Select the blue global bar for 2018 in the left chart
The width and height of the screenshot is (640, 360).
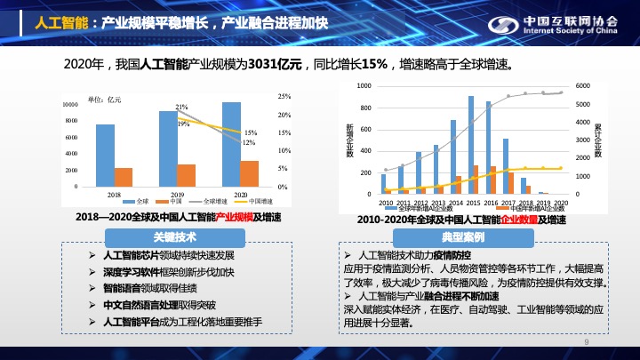click(105, 156)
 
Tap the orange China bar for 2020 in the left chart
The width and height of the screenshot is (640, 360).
click(250, 173)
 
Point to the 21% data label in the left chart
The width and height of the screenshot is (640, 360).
click(181, 107)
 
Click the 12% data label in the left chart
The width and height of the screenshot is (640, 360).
click(249, 142)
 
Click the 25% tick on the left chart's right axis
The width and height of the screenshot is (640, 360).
click(284, 96)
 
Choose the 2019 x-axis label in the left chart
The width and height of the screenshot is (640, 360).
click(177, 194)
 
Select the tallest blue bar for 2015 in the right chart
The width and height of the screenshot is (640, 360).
click(471, 144)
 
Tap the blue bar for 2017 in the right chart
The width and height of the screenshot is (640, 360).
click(506, 165)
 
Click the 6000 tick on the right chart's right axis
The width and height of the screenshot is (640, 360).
click(582, 85)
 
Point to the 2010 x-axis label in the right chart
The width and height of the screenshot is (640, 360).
click(386, 202)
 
